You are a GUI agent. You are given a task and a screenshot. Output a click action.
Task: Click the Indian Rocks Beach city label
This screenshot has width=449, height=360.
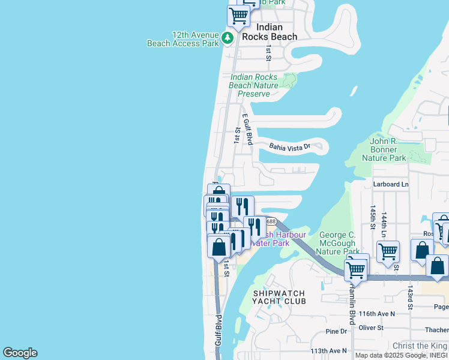[269, 32]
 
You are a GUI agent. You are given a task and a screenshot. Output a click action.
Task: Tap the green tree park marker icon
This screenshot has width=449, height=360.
[227, 38]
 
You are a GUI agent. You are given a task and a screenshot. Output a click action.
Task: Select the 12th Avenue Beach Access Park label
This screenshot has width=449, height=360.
[183, 39]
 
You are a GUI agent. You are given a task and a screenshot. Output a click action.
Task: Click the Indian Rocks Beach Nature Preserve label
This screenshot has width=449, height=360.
[254, 85]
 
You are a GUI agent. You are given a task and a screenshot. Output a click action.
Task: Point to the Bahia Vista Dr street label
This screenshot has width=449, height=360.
[289, 146]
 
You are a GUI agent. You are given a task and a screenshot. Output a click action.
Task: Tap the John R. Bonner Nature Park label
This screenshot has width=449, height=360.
[384, 149]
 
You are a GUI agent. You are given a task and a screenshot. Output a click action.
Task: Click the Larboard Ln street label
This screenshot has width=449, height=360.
[390, 184]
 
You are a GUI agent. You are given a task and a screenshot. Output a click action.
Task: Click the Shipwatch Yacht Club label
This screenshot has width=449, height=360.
[279, 297]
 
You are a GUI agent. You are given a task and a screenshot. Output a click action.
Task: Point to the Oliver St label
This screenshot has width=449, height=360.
[370, 328]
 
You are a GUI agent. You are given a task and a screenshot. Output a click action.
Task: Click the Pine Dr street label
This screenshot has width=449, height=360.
[336, 331]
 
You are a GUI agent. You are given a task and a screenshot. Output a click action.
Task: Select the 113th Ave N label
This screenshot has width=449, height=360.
[328, 350]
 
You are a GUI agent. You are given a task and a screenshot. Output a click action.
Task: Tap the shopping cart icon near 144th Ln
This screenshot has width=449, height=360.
[388, 252]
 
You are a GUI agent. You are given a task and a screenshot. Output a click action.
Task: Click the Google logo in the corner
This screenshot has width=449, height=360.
[20, 353]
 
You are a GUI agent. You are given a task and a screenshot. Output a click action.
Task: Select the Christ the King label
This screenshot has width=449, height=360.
[420, 346]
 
